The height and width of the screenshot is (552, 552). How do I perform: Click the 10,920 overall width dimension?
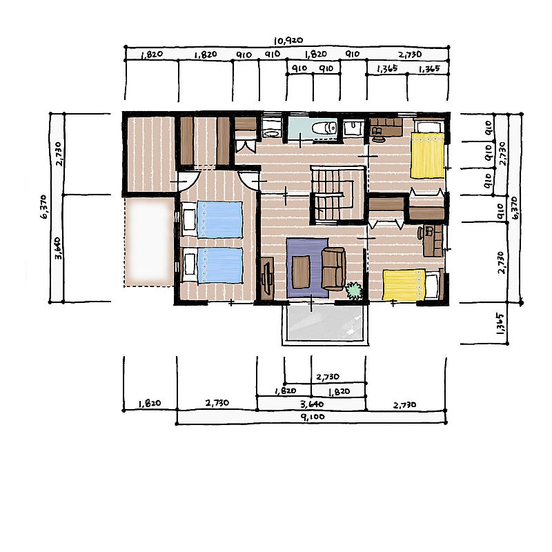(x=288, y=41)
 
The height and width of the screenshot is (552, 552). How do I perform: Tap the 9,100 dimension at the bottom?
(x=313, y=417)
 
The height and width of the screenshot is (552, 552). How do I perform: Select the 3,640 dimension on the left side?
(x=58, y=248)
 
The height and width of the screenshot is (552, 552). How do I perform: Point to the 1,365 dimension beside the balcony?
(x=500, y=323)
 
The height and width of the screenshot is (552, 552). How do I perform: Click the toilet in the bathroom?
(x=324, y=128)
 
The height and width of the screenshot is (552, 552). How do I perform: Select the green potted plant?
(x=354, y=290)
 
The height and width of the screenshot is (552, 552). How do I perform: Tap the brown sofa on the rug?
(x=333, y=268)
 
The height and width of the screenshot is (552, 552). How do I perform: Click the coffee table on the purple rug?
(x=301, y=272)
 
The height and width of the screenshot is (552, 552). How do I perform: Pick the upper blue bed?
(x=212, y=219)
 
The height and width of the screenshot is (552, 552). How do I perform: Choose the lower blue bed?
(x=212, y=266)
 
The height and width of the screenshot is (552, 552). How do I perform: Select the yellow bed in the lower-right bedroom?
(x=412, y=284)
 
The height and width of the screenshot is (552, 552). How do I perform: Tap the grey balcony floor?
(x=325, y=323)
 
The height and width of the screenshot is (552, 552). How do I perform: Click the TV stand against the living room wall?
(x=268, y=278)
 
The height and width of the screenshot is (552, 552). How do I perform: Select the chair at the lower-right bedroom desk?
(x=421, y=233)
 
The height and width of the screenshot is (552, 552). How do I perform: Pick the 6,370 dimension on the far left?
(x=44, y=207)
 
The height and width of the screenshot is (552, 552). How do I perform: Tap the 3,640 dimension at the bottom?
(x=312, y=404)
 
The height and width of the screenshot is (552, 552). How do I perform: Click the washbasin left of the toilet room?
(x=271, y=130)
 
